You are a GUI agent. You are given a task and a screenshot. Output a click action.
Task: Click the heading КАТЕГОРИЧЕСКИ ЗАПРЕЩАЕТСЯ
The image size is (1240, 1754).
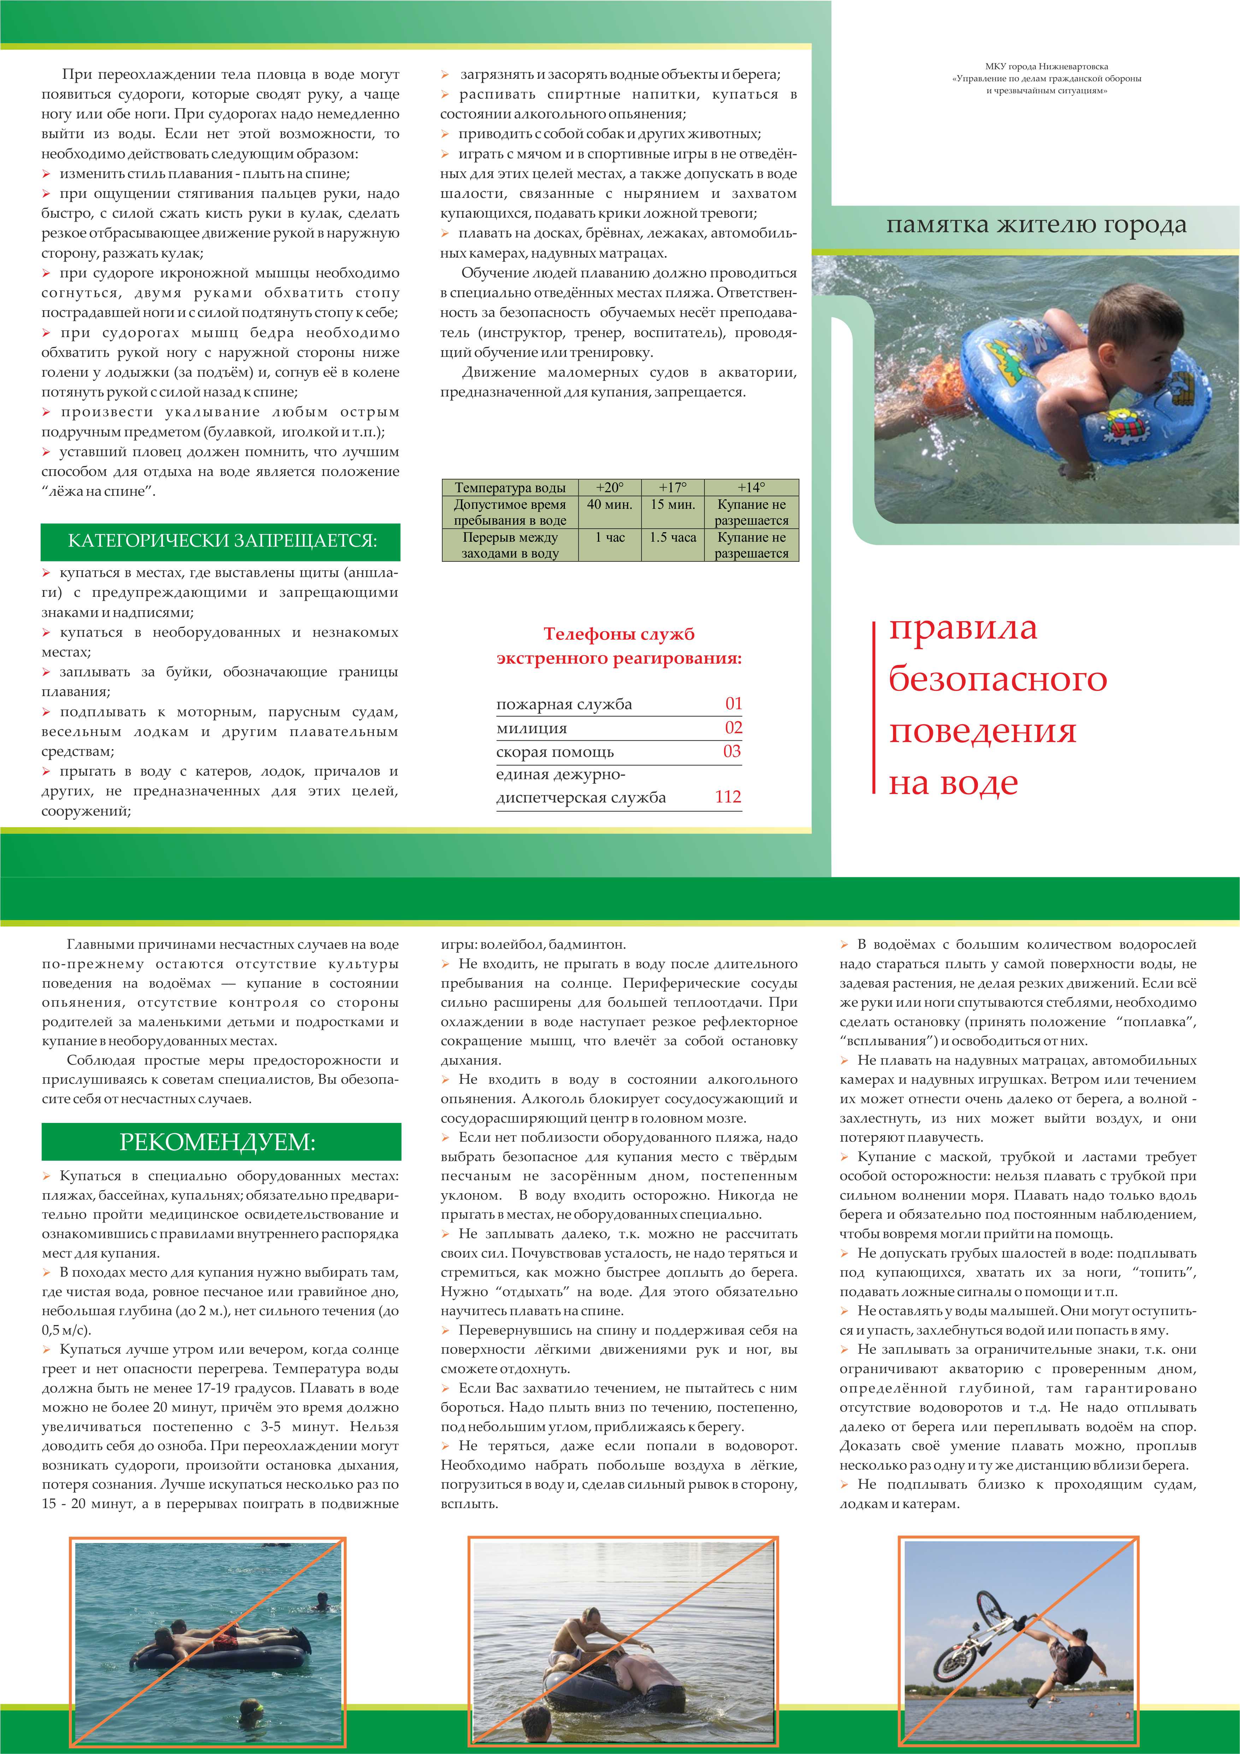pos(221,542)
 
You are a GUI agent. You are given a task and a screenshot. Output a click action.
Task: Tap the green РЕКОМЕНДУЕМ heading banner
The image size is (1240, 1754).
pos(221,1142)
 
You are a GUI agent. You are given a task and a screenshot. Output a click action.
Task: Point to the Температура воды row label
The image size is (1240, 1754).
pos(509,487)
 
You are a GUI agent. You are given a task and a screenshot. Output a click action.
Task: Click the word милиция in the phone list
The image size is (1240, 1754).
pos(532,728)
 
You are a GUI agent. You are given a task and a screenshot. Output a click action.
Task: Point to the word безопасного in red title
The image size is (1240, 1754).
pos(997,679)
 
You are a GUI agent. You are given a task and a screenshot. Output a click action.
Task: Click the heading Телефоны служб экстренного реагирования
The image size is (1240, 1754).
pos(619,646)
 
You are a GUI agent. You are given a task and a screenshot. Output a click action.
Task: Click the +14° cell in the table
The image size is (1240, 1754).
pos(751,487)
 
